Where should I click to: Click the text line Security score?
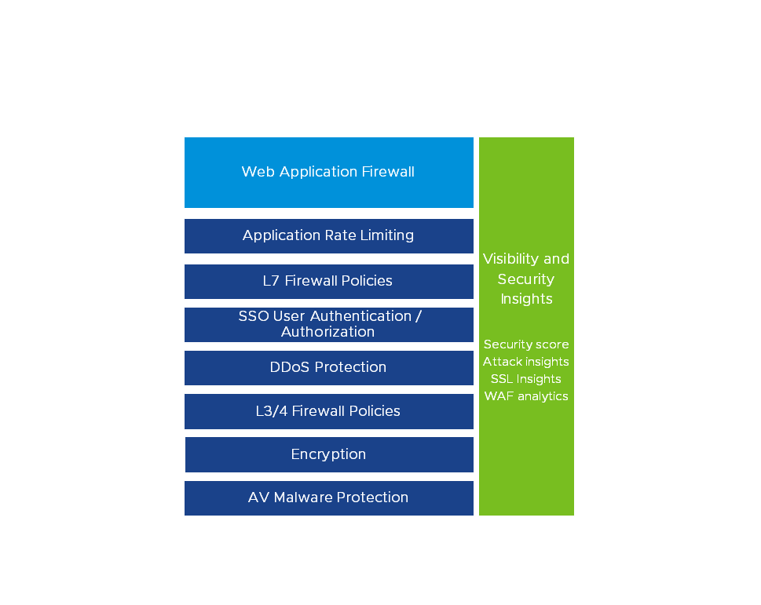pos(526,344)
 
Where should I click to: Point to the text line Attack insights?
pos(526,362)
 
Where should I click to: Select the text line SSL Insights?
pos(526,379)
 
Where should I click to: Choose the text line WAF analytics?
pos(526,396)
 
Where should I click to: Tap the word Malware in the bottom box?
pos(302,497)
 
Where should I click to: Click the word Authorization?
pos(328,332)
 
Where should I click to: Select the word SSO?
pos(254,316)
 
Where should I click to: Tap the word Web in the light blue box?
pos(256,172)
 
